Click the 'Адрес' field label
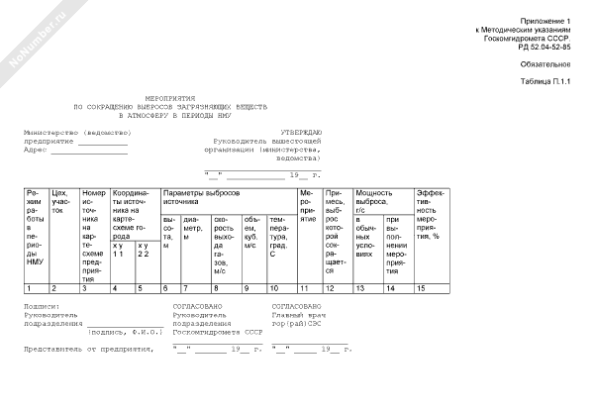coord(36,150)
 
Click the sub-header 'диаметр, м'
coord(194,228)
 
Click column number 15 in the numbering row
coord(422,287)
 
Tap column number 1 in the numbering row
coord(29,287)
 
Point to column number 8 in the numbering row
coord(217,287)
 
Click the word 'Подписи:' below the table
coord(42,307)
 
